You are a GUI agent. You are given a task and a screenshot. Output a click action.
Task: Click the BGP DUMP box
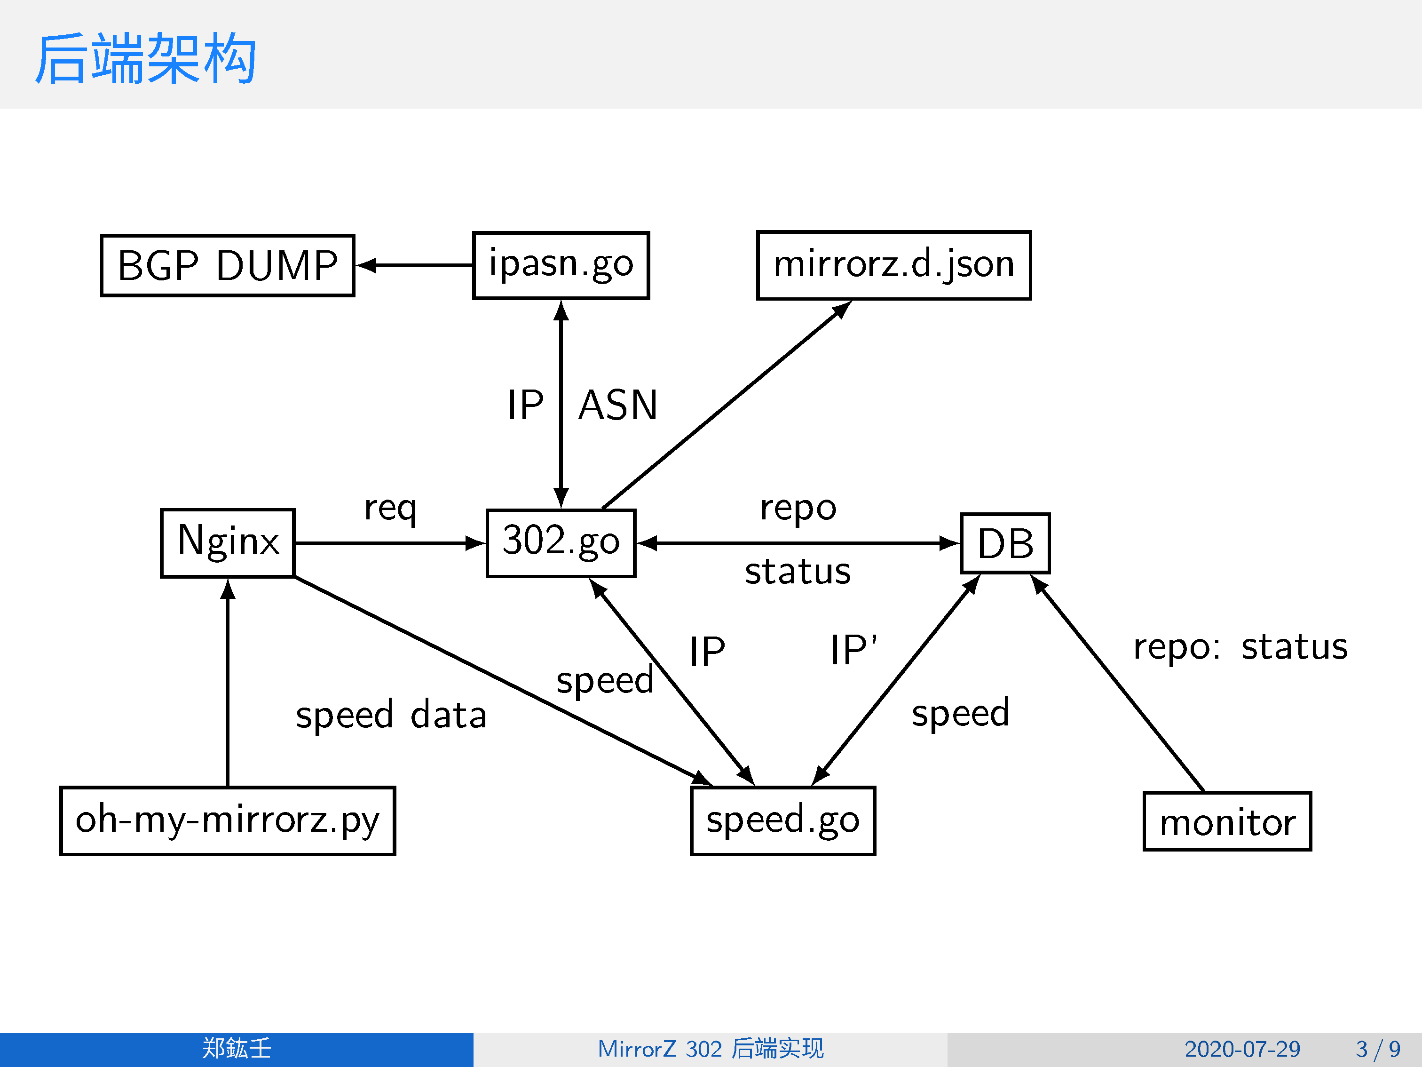tap(228, 265)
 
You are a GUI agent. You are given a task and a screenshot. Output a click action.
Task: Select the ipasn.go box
tap(561, 265)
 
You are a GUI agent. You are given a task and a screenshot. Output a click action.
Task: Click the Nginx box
tap(228, 543)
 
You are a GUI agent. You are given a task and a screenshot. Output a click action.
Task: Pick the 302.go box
tap(561, 543)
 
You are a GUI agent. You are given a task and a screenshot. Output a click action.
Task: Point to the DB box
tap(1005, 543)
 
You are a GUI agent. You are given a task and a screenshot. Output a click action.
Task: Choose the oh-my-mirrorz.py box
tap(228, 820)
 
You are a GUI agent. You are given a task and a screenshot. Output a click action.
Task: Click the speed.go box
tap(783, 820)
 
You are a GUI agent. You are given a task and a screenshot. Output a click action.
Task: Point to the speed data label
tap(391, 715)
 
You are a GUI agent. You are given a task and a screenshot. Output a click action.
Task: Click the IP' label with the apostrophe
tap(853, 650)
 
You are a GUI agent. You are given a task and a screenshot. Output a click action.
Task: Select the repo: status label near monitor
tap(1240, 647)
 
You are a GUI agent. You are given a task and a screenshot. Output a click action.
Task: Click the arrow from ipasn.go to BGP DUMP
tap(415, 265)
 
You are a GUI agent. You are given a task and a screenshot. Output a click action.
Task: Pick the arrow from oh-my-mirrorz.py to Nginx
tap(228, 682)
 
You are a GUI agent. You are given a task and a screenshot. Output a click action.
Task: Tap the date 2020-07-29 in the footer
tap(1242, 1049)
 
